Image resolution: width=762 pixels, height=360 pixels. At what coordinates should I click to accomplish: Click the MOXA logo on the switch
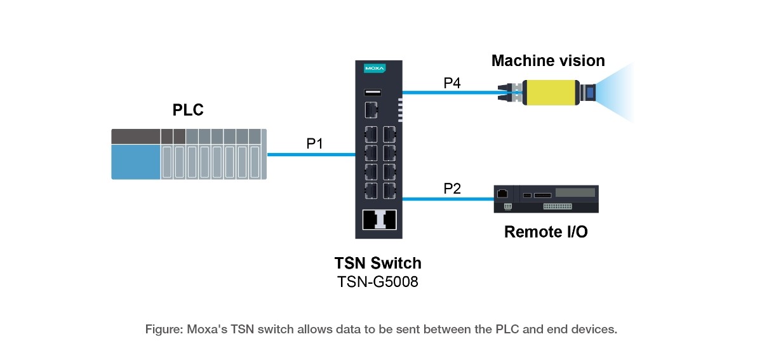tap(375, 69)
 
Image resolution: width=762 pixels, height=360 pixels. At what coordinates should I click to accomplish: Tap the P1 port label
tap(315, 143)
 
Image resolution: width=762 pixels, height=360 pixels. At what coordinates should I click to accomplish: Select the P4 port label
tap(452, 83)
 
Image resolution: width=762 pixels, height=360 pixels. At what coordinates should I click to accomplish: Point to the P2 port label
tap(452, 189)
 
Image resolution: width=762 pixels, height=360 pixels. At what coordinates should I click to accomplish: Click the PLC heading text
tap(188, 110)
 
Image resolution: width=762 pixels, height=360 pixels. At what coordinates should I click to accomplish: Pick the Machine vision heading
tap(548, 61)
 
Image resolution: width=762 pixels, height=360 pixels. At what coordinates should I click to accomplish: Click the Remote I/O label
tap(546, 232)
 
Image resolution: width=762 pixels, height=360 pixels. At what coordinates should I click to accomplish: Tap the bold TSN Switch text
tap(378, 263)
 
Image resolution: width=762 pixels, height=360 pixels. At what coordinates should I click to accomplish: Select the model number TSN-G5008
tap(378, 282)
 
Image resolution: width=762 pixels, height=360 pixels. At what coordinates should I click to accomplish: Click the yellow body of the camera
tap(551, 93)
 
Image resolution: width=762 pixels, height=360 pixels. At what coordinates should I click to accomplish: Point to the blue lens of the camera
tap(590, 93)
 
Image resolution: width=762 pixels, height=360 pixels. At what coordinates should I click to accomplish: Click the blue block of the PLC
tap(136, 162)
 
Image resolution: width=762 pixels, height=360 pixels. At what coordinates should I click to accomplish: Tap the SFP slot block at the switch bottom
tap(379, 220)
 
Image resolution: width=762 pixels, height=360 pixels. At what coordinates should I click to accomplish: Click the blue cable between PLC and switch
tap(311, 154)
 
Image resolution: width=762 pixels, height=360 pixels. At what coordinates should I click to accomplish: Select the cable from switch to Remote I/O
tap(448, 199)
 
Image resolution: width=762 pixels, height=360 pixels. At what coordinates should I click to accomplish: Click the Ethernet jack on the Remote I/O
tap(502, 194)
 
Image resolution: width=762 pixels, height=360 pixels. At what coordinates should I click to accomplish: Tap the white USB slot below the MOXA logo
tap(373, 92)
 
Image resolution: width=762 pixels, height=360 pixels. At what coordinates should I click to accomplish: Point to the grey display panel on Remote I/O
tap(575, 192)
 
